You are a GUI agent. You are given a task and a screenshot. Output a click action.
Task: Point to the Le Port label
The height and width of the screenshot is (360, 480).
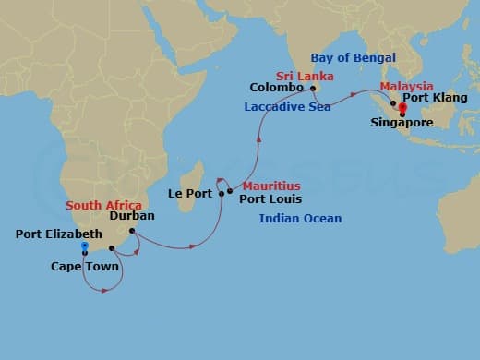[189, 194]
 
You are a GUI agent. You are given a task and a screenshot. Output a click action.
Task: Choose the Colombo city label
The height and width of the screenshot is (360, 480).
[276, 88]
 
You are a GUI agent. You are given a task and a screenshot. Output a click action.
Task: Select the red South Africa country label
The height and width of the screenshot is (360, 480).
[103, 205]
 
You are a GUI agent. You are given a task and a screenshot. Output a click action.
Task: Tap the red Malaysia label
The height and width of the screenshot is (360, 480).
[406, 86]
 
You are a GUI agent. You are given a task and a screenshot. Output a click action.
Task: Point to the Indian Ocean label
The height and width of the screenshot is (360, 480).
[300, 219]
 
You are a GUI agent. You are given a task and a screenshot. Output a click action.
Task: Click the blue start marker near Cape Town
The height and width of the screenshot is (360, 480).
[84, 246]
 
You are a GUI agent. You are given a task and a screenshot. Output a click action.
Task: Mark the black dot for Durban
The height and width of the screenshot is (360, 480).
[132, 231]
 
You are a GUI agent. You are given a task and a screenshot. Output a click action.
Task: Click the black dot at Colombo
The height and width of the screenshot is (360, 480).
[314, 89]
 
